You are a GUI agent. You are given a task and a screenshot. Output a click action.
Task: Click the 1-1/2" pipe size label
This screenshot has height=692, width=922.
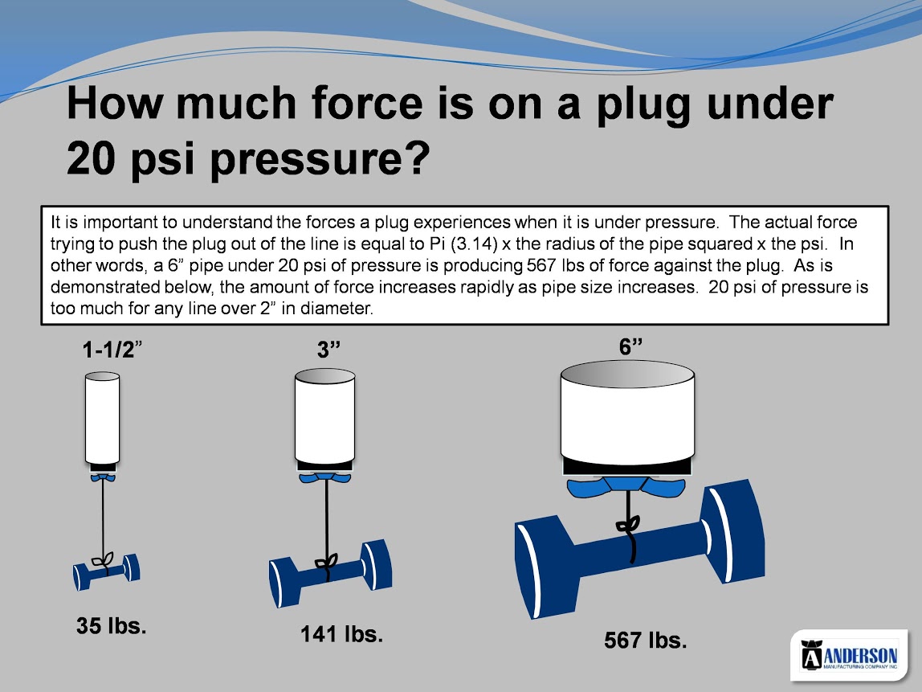(112, 350)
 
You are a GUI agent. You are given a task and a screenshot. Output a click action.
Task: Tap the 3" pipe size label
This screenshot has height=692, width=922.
(328, 350)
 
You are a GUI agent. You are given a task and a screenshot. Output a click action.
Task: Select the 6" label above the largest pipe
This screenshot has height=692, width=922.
(630, 346)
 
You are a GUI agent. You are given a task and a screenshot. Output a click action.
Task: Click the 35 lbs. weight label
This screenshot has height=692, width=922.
(111, 625)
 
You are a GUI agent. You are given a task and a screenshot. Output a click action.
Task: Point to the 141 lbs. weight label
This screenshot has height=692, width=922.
(341, 634)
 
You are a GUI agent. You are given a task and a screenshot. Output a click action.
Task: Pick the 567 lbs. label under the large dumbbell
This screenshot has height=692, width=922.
(646, 641)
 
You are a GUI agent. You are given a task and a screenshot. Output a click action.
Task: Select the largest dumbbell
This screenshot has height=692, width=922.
(640, 548)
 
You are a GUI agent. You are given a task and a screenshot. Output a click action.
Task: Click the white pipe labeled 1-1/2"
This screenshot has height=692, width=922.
(102, 418)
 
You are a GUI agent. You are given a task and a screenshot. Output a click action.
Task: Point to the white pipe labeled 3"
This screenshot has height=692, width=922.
(324, 416)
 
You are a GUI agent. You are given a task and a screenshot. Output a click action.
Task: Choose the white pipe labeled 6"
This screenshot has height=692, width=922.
(627, 411)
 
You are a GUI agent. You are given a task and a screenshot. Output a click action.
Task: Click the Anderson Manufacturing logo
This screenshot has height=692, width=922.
(849, 656)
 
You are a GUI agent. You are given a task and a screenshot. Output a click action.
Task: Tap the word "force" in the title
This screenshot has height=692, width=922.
(367, 102)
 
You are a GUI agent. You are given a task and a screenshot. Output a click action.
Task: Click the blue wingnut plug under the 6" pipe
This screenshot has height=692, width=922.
(626, 485)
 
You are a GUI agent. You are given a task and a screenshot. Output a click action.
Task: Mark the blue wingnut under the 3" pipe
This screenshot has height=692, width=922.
(325, 477)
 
